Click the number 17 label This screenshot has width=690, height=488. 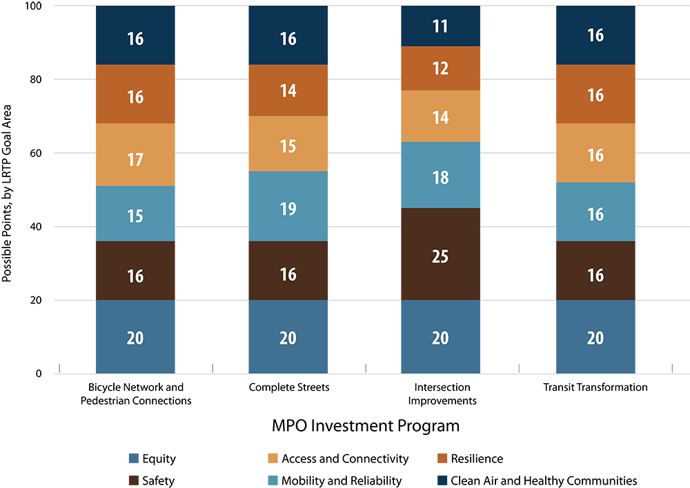[x=135, y=160]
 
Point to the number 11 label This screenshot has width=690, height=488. [x=440, y=27]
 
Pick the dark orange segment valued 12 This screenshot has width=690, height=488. [x=440, y=68]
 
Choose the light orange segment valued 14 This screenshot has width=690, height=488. [x=440, y=116]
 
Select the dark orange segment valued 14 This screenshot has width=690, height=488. [x=288, y=90]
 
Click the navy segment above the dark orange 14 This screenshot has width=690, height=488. [x=288, y=39]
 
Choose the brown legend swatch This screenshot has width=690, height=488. [x=128, y=479]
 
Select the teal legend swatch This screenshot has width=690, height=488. [x=266, y=479]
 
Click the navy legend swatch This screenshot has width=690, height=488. [x=435, y=479]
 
